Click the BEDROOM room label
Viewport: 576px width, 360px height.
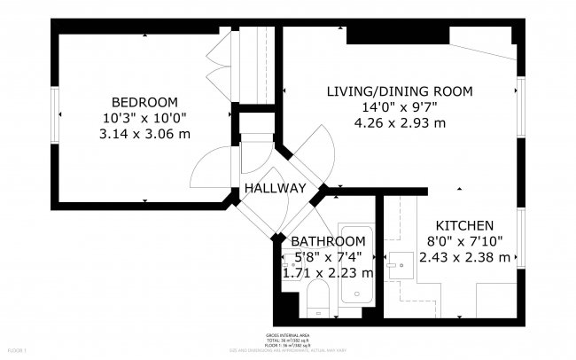tap(144, 101)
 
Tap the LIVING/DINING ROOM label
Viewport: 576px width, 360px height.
tap(400, 91)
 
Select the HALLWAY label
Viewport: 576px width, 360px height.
tap(276, 189)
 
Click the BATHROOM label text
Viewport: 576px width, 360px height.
tap(328, 241)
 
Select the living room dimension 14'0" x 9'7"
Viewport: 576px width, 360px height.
tap(400, 107)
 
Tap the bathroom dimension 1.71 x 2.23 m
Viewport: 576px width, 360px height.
tap(328, 273)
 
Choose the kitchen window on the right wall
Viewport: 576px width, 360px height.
tap(521, 238)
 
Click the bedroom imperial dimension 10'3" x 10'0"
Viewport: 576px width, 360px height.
tap(144, 117)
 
